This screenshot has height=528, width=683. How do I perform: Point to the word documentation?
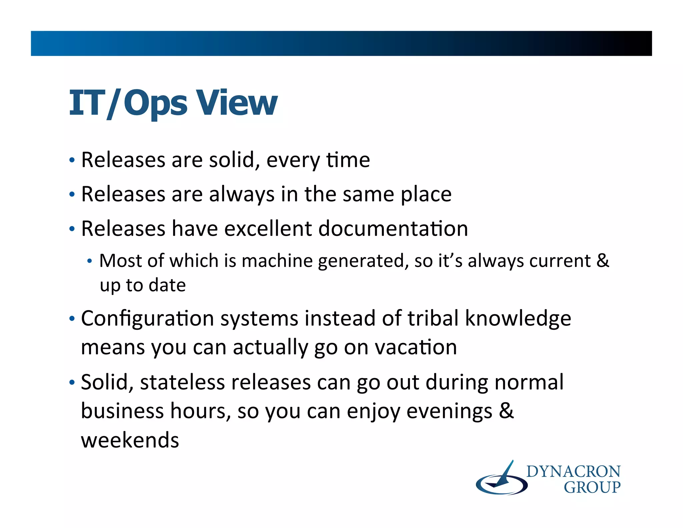[x=393, y=229]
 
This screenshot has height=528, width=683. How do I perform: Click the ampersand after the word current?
[x=603, y=261]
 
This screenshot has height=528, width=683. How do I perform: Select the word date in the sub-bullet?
[x=167, y=285]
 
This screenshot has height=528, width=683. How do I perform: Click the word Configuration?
[x=147, y=319]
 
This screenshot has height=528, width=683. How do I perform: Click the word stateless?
[x=182, y=382]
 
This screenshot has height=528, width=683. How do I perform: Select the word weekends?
[x=130, y=440]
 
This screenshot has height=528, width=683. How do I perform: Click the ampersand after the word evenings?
[x=506, y=411]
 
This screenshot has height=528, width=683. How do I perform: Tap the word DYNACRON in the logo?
[x=573, y=472]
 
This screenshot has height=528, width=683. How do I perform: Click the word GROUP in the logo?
[x=592, y=488]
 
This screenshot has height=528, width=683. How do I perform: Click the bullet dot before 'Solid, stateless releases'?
[x=72, y=382]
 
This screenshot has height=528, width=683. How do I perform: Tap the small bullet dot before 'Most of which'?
[x=89, y=261]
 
